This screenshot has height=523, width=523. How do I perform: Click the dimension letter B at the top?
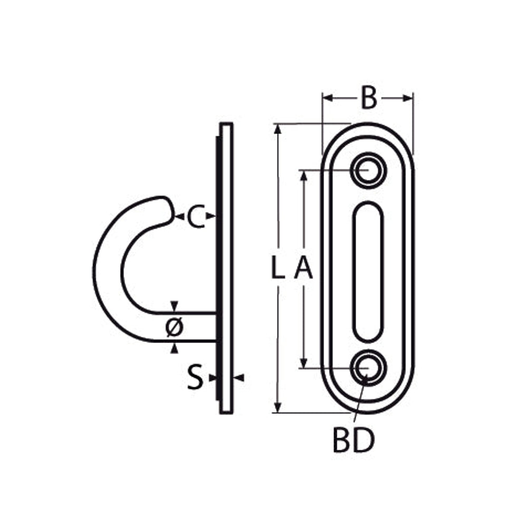[x=369, y=98]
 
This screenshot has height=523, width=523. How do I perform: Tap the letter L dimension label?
[x=278, y=267]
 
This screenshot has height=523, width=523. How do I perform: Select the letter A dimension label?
[x=303, y=267]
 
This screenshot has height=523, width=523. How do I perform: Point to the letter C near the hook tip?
[x=196, y=217]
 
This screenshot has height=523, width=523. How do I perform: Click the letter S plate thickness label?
[x=195, y=377]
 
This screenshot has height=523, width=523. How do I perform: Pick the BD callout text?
[x=354, y=441]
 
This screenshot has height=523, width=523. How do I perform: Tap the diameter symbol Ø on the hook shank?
[x=175, y=327]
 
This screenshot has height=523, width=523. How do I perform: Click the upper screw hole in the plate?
[x=368, y=170]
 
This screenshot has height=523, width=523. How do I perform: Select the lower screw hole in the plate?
[x=368, y=368]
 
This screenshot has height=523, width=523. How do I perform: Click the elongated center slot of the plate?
[x=368, y=272]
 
